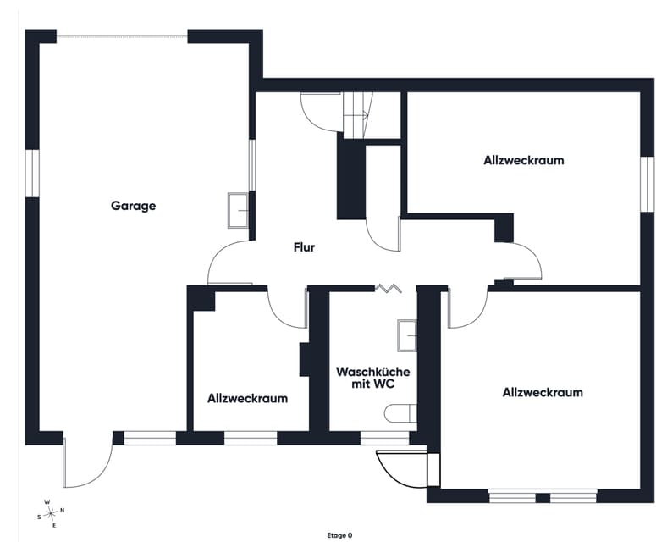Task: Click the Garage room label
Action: pos(134,206)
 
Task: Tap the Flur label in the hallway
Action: pos(304,247)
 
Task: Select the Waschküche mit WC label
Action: pos(373,378)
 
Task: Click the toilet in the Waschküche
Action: pos(400,413)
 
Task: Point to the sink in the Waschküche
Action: pos(407,335)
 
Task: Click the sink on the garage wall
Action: pos(238,210)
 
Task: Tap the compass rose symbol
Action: pos(51,512)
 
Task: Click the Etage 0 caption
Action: pos(339,535)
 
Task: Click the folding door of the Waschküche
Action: pos(389,288)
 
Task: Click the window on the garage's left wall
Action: pos(32,173)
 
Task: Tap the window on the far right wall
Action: pos(648,184)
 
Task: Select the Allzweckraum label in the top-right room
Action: pos(524,160)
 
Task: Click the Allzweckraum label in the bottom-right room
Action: pos(543,393)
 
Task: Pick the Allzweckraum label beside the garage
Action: pos(248,398)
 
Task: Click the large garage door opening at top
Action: pos(122,36)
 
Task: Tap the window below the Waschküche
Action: pos(384,438)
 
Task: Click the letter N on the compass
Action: pos(63,510)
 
